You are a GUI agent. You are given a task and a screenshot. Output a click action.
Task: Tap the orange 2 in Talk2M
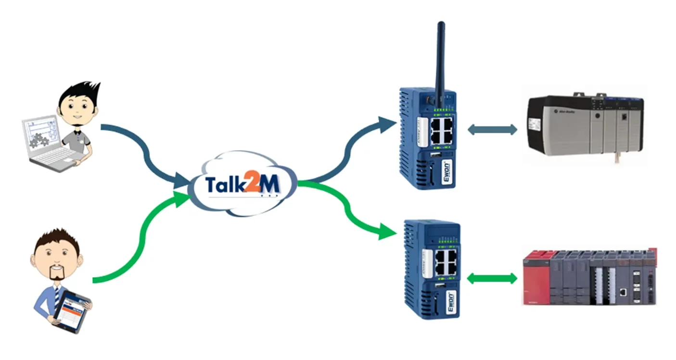[x=252, y=185]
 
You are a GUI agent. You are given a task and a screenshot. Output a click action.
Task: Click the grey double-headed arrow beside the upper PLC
[x=492, y=129]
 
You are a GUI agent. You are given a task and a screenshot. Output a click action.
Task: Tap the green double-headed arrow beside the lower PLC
[x=492, y=278]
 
